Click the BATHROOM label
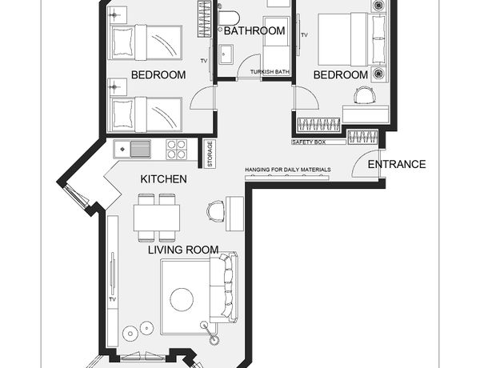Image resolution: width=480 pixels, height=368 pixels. click(x=254, y=30)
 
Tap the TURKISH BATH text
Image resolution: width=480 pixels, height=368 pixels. click(x=270, y=72)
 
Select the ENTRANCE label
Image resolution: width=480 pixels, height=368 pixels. click(x=397, y=165)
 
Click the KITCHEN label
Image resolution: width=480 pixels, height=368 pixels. click(x=163, y=179)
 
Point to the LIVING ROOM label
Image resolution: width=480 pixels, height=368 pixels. click(x=183, y=250)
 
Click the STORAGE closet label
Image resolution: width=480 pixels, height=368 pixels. click(x=210, y=154)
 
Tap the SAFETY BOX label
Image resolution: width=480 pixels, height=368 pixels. click(x=309, y=142)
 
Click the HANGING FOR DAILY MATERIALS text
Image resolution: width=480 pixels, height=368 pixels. click(x=288, y=170)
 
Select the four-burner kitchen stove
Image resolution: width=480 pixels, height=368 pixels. click(x=176, y=150)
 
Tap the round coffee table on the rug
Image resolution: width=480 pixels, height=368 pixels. click(x=182, y=299)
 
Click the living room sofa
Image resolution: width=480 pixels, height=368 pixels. click(x=223, y=287)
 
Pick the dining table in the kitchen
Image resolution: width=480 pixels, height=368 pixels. click(x=157, y=218)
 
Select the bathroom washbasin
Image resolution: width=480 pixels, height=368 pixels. click(x=226, y=54)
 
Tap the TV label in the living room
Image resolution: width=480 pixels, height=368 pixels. click(x=112, y=299)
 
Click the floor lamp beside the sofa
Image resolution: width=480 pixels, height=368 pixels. click(x=210, y=332)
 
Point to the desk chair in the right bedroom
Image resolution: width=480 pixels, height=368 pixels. click(x=364, y=95)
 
